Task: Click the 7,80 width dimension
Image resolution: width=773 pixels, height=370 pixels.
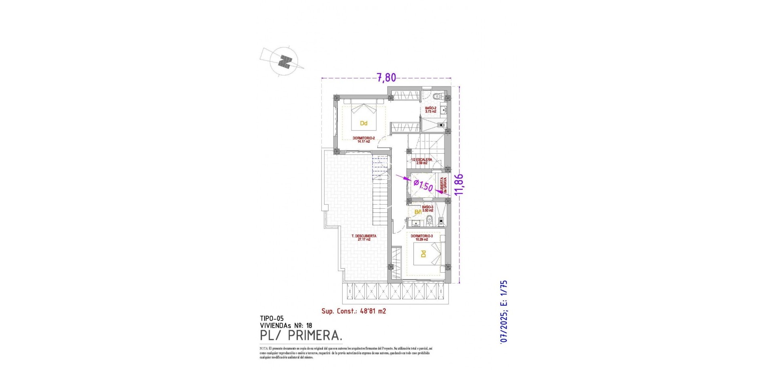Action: click(x=386, y=77)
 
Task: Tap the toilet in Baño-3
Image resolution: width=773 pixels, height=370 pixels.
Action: click(x=429, y=220)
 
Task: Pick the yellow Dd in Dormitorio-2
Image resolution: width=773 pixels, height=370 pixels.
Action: click(x=364, y=123)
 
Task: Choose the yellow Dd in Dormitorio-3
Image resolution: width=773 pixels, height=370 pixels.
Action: click(x=423, y=254)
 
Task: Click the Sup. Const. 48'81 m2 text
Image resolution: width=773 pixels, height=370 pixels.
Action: click(x=353, y=311)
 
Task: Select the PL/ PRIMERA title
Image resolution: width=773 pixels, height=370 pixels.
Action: click(x=301, y=335)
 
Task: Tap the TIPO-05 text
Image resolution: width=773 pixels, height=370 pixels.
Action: click(x=272, y=318)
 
